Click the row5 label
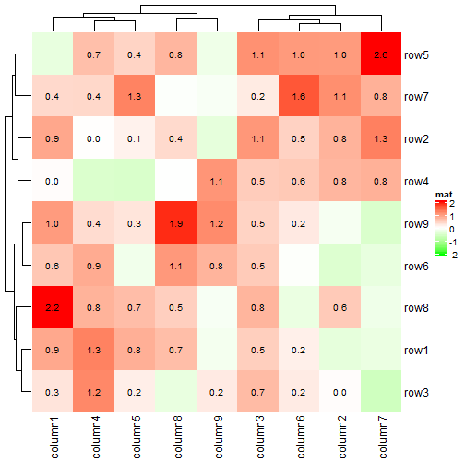click(x=417, y=54)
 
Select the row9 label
click(x=417, y=223)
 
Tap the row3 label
click(x=417, y=393)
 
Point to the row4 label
click(x=417, y=181)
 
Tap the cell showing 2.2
click(x=52, y=308)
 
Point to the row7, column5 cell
click(x=135, y=96)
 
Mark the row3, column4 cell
click(x=93, y=393)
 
